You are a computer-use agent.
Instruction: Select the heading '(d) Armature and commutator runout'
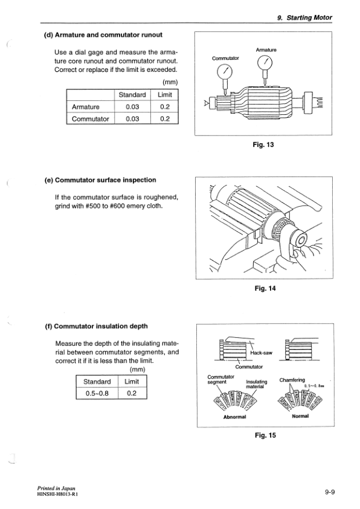click(103, 34)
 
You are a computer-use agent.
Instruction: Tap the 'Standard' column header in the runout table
click(132, 95)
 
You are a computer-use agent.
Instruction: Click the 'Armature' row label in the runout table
click(86, 107)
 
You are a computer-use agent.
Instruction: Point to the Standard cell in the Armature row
click(132, 107)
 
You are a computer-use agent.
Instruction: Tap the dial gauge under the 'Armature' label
click(265, 63)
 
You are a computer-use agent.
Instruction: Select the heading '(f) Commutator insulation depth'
click(97, 327)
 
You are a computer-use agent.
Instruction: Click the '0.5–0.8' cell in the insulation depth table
click(97, 394)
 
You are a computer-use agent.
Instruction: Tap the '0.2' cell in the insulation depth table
click(132, 394)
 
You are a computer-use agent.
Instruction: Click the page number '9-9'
click(329, 493)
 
